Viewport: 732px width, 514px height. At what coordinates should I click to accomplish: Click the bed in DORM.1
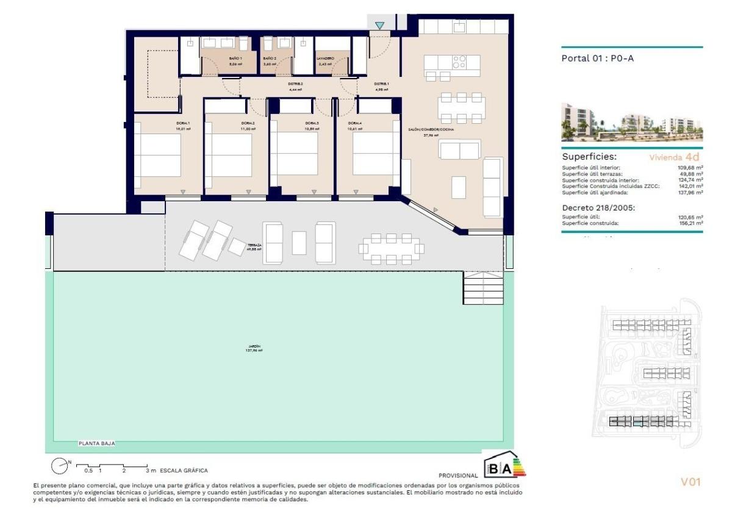coord(158,155)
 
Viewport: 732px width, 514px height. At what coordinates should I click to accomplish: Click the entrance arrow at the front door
coord(380,26)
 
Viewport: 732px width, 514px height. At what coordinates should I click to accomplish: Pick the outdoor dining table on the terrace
coord(391,248)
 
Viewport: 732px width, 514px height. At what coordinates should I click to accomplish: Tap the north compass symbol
coord(60,466)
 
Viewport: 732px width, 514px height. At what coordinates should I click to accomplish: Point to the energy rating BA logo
coord(504,467)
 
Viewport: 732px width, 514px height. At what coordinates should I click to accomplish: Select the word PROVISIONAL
coord(457,475)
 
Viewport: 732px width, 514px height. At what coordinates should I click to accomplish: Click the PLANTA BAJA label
coord(96,444)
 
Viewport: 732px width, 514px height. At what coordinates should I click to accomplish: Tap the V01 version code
coord(691,482)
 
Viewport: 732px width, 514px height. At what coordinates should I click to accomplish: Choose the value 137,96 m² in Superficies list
coord(691,193)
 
